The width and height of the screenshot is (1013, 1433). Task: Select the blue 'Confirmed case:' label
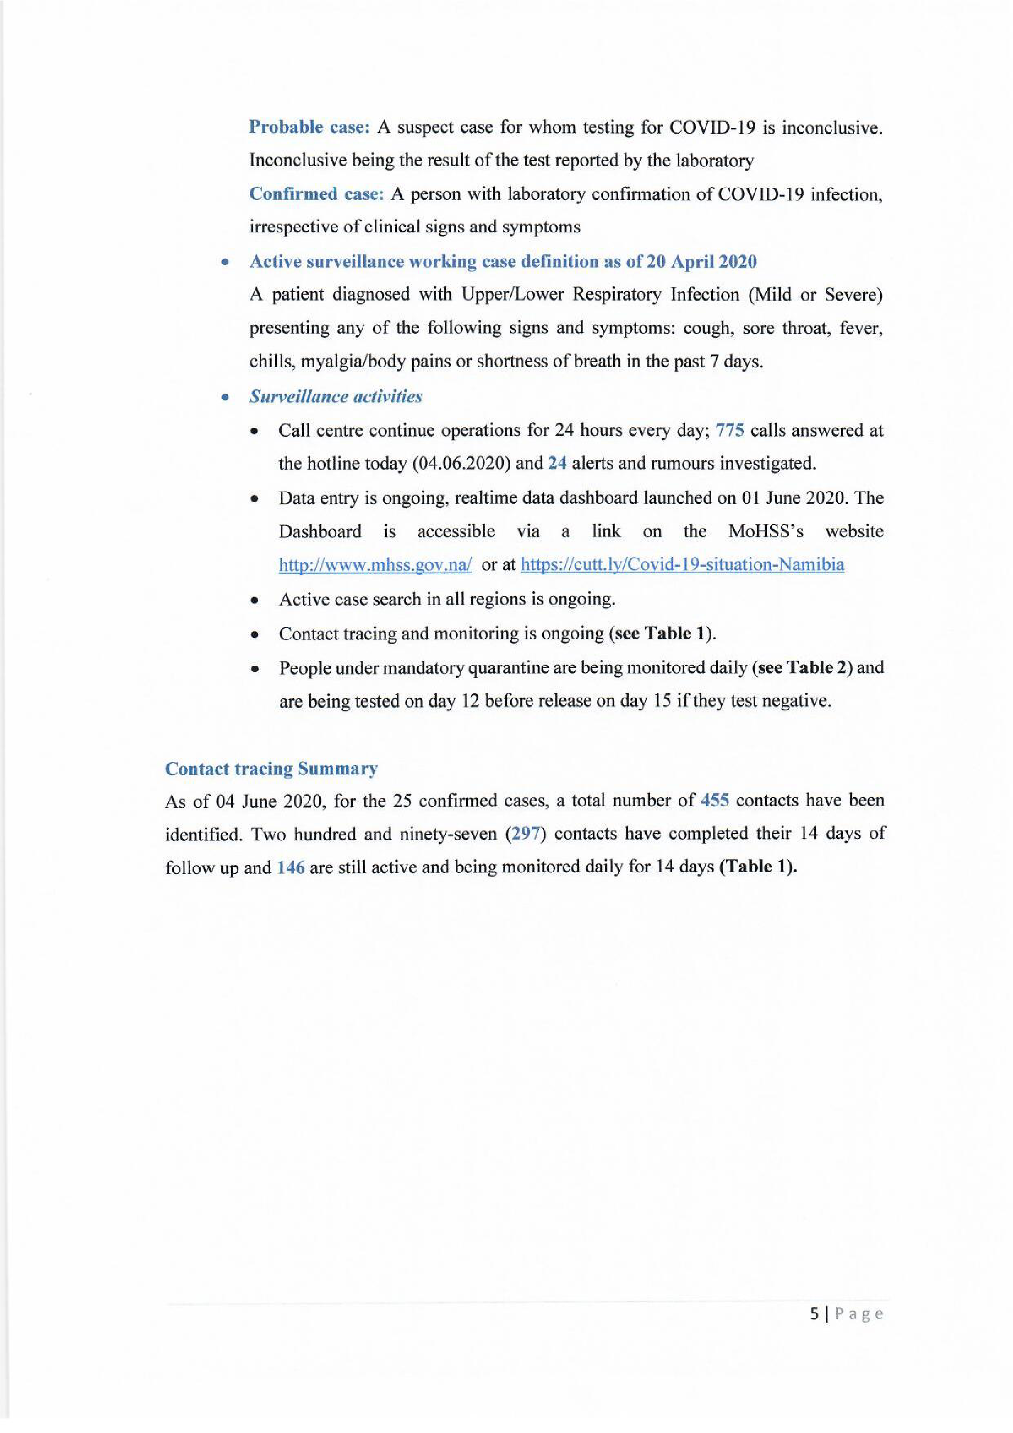(316, 194)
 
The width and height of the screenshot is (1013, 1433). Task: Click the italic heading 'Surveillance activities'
(336, 397)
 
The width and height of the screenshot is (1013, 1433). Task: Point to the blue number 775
(730, 430)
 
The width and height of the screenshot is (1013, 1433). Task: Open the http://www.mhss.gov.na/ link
(375, 565)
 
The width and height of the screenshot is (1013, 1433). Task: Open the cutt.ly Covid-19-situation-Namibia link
(682, 565)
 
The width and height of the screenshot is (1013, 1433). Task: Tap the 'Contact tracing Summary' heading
(272, 769)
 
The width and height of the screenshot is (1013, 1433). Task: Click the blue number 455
(715, 801)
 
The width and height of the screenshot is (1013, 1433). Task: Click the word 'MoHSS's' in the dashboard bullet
(766, 532)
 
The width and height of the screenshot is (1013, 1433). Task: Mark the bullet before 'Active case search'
(254, 601)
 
